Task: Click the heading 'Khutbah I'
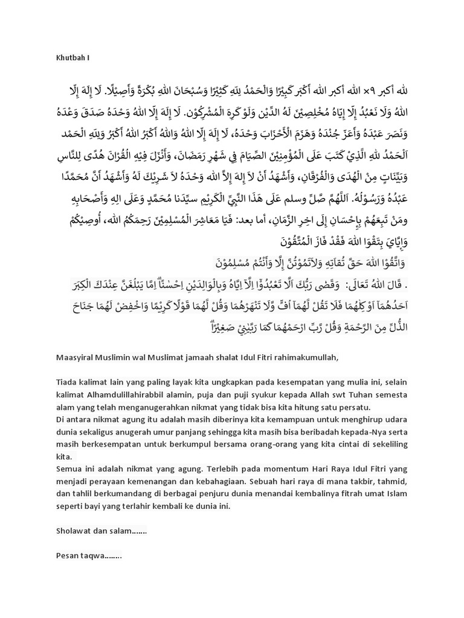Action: click(x=72, y=59)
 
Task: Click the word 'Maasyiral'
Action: click(x=76, y=358)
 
